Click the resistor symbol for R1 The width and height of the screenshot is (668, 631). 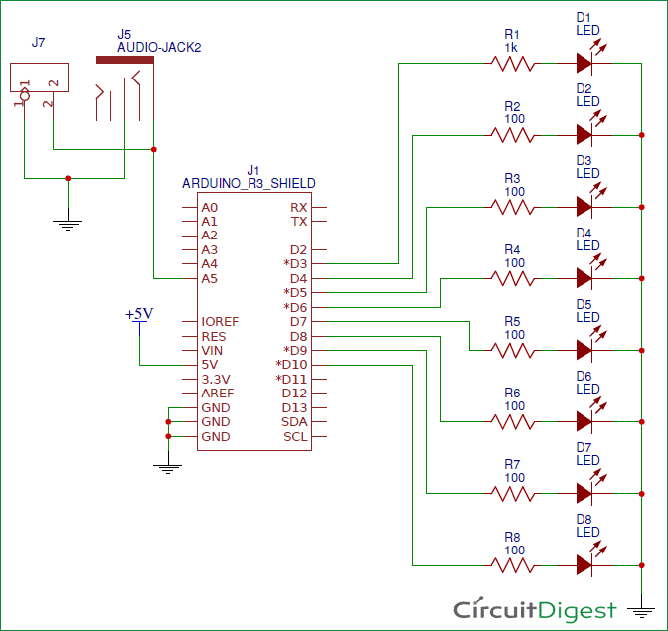pyautogui.click(x=512, y=63)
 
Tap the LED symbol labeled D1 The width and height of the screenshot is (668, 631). pyautogui.click(x=584, y=63)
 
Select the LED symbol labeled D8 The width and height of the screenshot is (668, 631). pyautogui.click(x=584, y=564)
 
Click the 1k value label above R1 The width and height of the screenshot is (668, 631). pyautogui.click(x=511, y=47)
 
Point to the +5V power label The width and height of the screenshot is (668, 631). pyautogui.click(x=139, y=314)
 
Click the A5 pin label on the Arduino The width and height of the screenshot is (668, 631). pyautogui.click(x=209, y=278)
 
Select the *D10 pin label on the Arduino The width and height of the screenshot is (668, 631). pyautogui.click(x=292, y=365)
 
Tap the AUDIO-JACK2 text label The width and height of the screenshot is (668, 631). pyautogui.click(x=159, y=47)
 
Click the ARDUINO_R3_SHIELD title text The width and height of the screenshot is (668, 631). pyautogui.click(x=249, y=184)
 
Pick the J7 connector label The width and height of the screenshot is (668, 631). pyautogui.click(x=38, y=42)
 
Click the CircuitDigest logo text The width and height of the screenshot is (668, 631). pyautogui.click(x=535, y=608)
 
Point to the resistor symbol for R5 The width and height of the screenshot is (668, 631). pyautogui.click(x=512, y=350)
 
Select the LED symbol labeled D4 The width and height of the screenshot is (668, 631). pyautogui.click(x=584, y=277)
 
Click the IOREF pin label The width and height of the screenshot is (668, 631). pyautogui.click(x=219, y=322)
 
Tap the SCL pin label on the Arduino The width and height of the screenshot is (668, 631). pyautogui.click(x=295, y=437)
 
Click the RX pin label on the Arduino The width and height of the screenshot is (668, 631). pyautogui.click(x=298, y=207)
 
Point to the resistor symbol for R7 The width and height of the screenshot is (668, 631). pyautogui.click(x=512, y=493)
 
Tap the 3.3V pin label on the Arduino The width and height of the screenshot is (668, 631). pyautogui.click(x=215, y=380)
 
